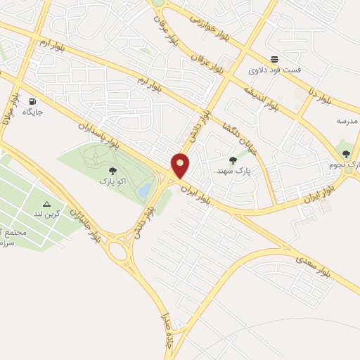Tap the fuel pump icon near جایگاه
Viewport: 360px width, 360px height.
[33, 101]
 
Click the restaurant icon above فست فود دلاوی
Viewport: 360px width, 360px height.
[274, 60]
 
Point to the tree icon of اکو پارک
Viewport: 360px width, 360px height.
[112, 170]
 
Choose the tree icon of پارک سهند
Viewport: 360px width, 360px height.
[233, 160]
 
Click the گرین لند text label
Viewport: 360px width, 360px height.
[47, 213]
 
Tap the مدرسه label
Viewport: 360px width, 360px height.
[347, 121]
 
